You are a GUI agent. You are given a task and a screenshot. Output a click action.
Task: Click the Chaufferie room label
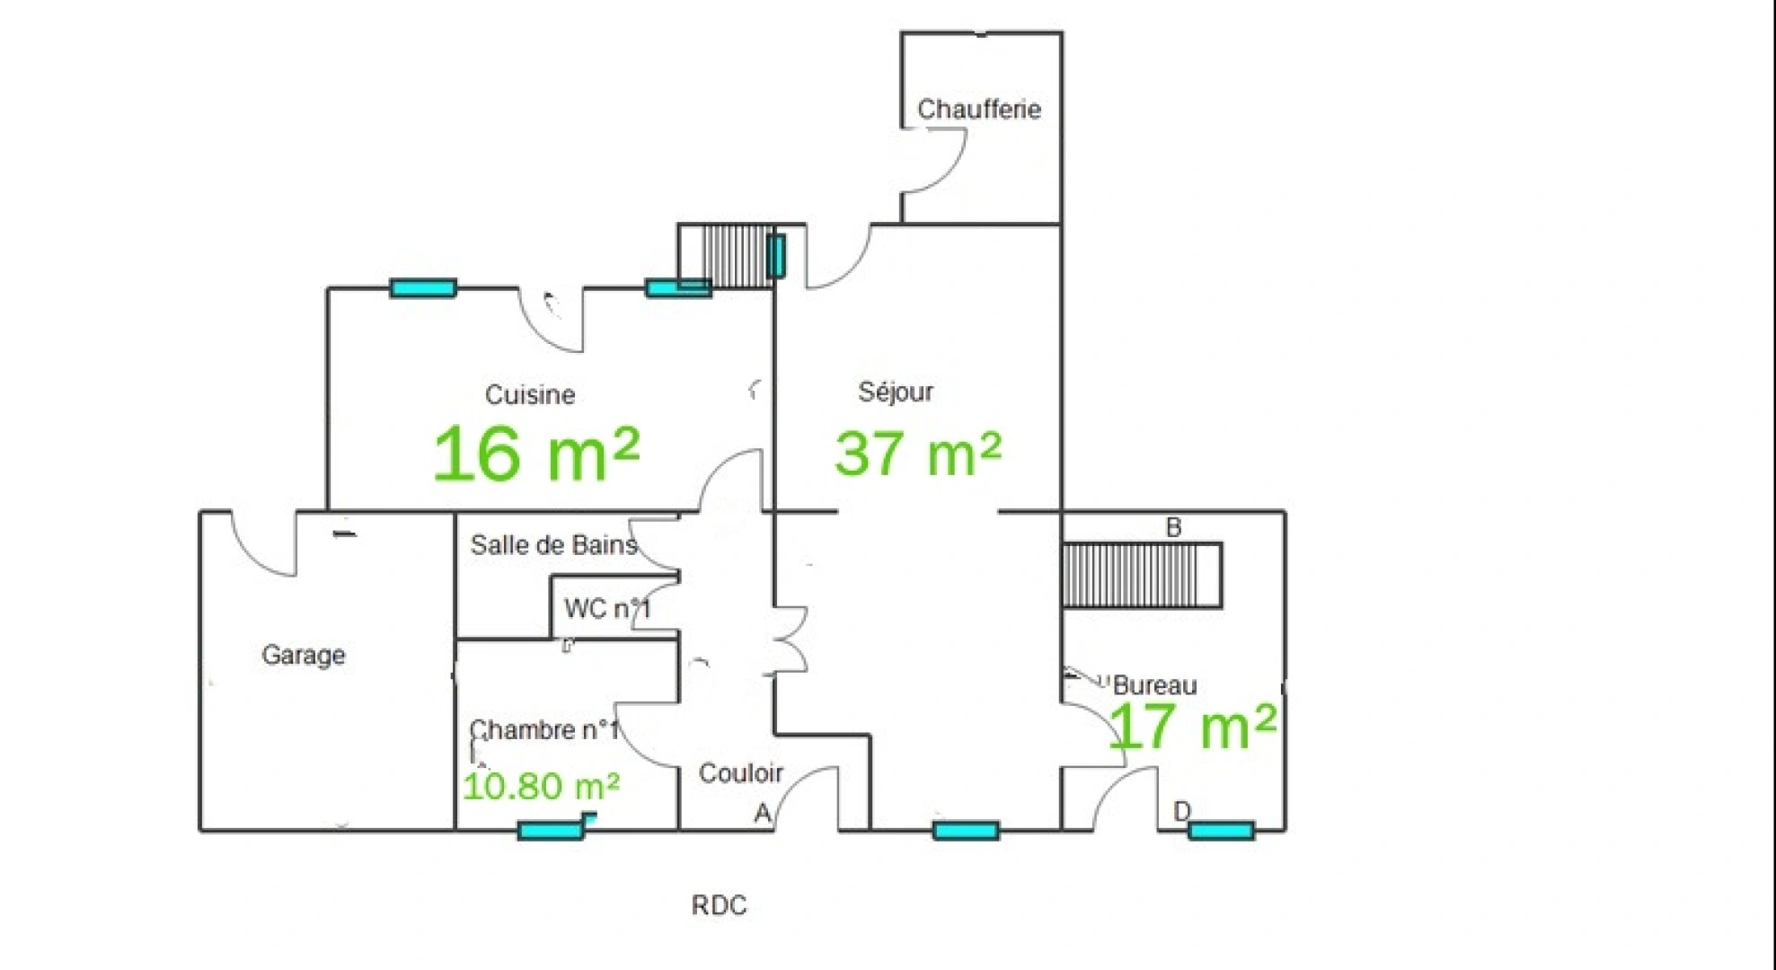point(978,110)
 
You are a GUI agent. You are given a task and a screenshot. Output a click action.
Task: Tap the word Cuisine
point(530,394)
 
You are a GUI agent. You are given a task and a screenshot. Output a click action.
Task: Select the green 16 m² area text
point(536,454)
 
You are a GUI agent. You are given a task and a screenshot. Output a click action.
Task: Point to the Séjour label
point(896,392)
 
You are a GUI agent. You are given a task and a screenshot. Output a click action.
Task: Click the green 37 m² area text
point(917,454)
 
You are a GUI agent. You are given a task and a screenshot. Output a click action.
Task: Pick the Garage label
point(304,655)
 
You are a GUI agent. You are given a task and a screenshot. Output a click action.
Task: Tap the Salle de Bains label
point(553,545)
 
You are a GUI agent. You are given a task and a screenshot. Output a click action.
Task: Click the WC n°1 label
point(607,609)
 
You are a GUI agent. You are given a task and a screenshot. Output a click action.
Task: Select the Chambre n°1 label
point(544,729)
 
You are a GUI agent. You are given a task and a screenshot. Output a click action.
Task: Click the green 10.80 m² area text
point(541,787)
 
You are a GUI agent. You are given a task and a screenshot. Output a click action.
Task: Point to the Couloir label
point(741,773)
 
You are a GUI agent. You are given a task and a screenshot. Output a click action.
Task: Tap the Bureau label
point(1154,686)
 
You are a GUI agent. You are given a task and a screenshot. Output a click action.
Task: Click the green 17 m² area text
point(1193,727)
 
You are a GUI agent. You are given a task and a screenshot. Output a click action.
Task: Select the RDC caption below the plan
point(719,905)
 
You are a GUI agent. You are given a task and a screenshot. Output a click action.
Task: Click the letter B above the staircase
point(1173,528)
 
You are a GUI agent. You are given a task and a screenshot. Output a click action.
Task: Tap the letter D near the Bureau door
point(1182,812)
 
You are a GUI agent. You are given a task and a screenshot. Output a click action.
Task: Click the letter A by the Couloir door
point(762,814)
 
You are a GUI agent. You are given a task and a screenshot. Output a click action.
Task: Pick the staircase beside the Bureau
point(1142,576)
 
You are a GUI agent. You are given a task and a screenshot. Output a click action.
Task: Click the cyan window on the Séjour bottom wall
point(966,831)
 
